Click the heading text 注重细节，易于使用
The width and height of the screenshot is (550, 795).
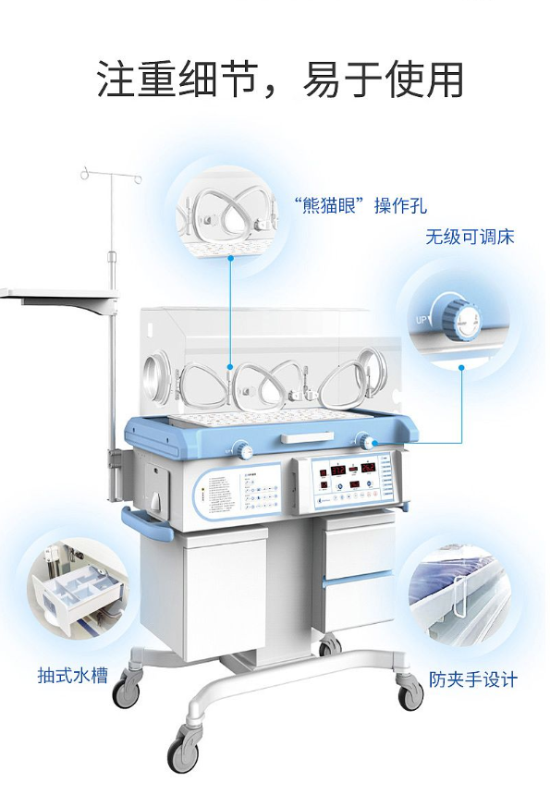(x=279, y=80)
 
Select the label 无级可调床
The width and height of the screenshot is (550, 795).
(x=469, y=237)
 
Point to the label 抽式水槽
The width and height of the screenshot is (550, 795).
(x=73, y=676)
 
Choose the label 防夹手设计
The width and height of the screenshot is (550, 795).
(x=473, y=679)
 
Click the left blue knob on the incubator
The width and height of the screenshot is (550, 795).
(x=244, y=450)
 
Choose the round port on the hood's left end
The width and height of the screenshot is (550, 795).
(x=153, y=376)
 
